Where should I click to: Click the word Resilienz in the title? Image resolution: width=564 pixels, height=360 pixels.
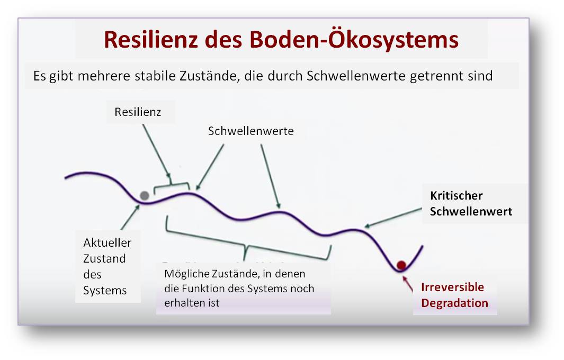pos(151,39)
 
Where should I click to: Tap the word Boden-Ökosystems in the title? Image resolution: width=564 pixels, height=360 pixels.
pos(354,39)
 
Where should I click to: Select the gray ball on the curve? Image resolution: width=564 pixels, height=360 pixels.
pos(145,196)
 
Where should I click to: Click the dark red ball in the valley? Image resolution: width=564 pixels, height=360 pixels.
pos(401,265)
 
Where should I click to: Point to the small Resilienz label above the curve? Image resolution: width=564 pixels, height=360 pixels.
pos(138,112)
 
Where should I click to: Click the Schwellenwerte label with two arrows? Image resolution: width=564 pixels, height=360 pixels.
pos(250,131)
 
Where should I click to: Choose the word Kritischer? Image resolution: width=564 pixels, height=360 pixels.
pos(456,196)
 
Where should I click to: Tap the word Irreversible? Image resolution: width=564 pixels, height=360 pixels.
pos(452,287)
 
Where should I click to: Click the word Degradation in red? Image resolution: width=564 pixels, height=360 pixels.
pos(455,303)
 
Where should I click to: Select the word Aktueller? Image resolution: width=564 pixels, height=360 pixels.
pos(107,243)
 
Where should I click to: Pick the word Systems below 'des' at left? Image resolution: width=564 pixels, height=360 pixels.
pos(105,290)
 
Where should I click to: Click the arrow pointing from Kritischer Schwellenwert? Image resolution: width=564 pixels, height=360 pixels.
pos(393,218)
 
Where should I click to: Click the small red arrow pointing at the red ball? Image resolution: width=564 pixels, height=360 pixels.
pos(408,284)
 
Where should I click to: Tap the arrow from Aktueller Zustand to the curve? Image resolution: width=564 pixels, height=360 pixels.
pos(130,217)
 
